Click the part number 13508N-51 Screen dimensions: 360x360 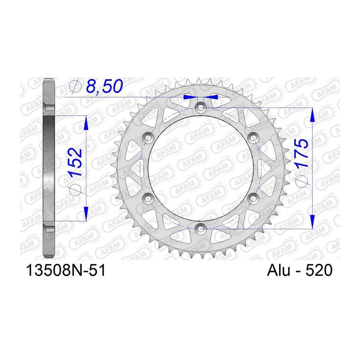[66, 270]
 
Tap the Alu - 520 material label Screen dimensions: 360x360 [300, 270]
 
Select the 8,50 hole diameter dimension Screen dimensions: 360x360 [104, 87]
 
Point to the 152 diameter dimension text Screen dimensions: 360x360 [76, 162]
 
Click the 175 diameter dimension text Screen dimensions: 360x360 [302, 153]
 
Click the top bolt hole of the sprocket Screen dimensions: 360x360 [201, 107]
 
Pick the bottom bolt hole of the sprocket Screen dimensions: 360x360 [201, 229]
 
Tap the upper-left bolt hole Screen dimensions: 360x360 [148, 137]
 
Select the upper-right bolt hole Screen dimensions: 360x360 [254, 137]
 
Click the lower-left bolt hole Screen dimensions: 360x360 [148, 198]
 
